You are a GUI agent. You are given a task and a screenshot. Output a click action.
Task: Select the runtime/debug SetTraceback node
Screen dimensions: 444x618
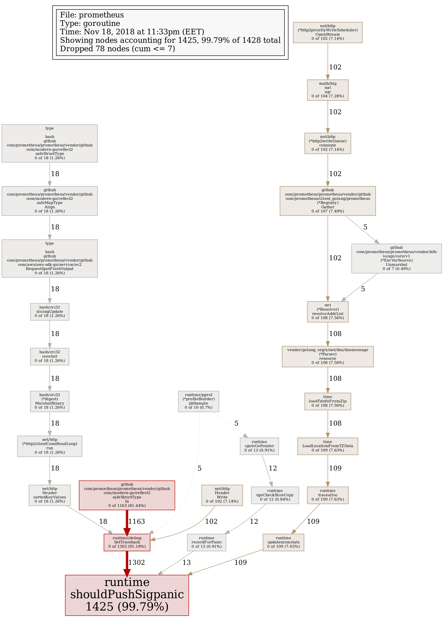click(127, 542)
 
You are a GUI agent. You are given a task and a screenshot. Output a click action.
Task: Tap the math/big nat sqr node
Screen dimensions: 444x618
click(328, 90)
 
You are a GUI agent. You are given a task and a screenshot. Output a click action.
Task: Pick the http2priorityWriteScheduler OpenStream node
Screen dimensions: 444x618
click(328, 32)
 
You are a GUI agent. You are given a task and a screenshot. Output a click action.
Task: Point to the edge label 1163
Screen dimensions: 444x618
click(136, 521)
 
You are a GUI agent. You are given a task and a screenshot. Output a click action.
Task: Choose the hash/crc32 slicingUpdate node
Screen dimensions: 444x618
click(50, 312)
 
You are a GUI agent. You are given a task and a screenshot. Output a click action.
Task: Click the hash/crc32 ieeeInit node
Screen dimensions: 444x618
click(50, 356)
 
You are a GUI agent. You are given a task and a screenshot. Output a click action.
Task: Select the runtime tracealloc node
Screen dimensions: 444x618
click(328, 495)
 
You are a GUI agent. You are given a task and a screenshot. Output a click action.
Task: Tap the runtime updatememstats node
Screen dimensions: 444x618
click(283, 542)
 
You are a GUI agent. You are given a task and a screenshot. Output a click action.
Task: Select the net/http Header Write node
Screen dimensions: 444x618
click(222, 495)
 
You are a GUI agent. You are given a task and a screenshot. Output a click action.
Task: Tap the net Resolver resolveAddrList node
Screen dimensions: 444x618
click(328, 312)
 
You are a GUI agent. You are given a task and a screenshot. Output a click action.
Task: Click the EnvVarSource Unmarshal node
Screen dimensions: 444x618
click(396, 258)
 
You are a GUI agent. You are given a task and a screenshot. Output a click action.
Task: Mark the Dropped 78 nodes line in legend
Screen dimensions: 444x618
click(117, 49)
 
